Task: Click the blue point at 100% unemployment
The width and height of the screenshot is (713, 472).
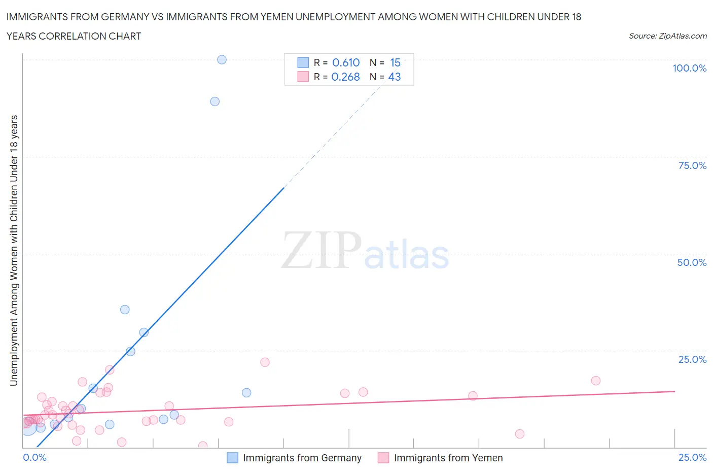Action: [222, 59]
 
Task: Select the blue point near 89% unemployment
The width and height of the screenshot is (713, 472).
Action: [215, 102]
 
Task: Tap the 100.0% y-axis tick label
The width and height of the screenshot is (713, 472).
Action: [689, 68]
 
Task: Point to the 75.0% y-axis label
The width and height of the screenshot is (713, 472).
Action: [692, 165]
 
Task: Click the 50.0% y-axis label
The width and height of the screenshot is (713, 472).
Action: [692, 262]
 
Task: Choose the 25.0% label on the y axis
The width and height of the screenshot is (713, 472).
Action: [692, 359]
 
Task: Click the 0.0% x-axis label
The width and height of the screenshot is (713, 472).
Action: [34, 457]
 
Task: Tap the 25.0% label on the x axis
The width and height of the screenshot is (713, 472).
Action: [692, 457]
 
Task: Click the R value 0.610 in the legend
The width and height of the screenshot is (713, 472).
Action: [346, 62]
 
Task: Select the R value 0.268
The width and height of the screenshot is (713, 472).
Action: [345, 77]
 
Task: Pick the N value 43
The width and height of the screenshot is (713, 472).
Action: [395, 77]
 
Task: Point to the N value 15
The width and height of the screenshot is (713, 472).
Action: [395, 62]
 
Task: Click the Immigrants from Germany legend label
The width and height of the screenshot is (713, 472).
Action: [302, 458]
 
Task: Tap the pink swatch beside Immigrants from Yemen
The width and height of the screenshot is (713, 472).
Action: [383, 458]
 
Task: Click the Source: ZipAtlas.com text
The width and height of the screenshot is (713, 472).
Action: [667, 36]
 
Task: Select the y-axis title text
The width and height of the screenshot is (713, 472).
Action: [14, 250]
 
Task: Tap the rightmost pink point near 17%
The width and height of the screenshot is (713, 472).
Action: [596, 381]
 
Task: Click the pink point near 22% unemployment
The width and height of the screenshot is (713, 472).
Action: [265, 362]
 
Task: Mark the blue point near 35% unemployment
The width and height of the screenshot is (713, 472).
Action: [125, 310]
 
